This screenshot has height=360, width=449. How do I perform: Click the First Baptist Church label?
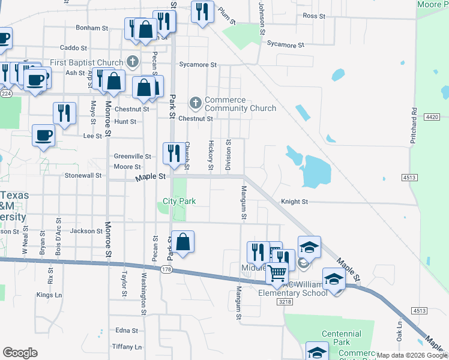pyautogui.click(x=86, y=62)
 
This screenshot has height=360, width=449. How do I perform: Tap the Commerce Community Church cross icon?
pyautogui.click(x=195, y=103)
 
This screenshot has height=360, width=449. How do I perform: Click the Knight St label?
pyautogui.click(x=294, y=202)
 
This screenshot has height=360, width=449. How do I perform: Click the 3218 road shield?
pyautogui.click(x=285, y=302)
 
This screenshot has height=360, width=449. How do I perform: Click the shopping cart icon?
pyautogui.click(x=277, y=273)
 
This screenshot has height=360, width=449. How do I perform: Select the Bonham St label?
pyautogui.click(x=92, y=28)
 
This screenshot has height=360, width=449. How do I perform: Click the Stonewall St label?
pyautogui.click(x=83, y=176)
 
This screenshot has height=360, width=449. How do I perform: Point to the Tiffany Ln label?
pyautogui.click(x=127, y=347)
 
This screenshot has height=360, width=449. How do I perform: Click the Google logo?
pyautogui.click(x=20, y=353)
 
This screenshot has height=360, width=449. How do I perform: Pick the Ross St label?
pyautogui.click(x=313, y=16)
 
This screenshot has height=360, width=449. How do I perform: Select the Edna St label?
pyautogui.click(x=127, y=331)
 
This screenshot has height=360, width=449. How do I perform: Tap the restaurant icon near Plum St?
pyautogui.click(x=202, y=11)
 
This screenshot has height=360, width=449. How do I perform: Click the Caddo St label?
pyautogui.click(x=74, y=47)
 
